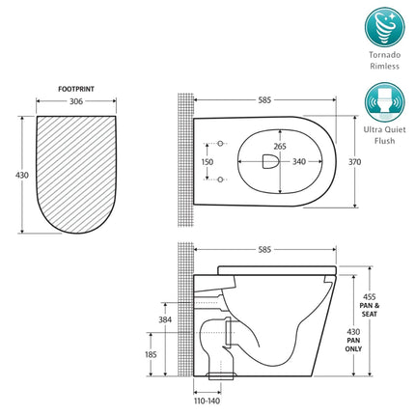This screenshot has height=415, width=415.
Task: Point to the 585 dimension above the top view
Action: (263, 99)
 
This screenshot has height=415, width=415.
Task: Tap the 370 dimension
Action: (355, 163)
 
